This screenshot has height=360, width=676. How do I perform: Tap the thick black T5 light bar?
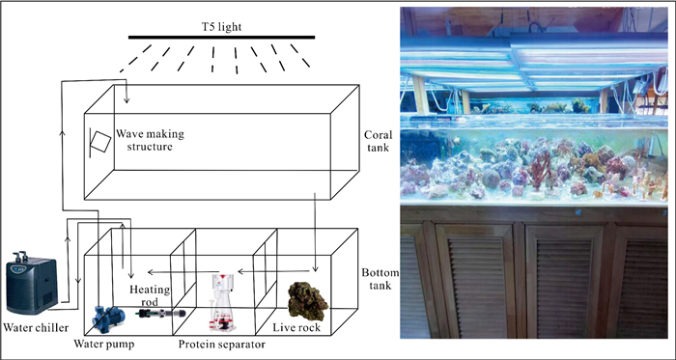click(221, 37)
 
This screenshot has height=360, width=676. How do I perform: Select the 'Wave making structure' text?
click(149, 140)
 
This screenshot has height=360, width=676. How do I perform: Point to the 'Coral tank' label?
click(379, 141)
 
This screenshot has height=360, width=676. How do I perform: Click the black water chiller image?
click(32, 283)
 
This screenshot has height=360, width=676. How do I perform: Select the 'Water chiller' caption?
click(37, 328)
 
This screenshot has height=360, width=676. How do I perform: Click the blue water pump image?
click(108, 316)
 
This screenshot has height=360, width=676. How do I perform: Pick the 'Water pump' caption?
click(104, 344)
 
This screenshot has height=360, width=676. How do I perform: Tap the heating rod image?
click(160, 314)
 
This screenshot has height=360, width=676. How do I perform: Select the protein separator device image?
click(223, 303)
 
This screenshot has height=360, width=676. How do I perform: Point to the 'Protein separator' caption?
click(221, 345)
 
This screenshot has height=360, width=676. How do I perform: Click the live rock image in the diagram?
click(308, 301)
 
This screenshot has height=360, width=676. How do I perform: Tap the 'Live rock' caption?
click(296, 328)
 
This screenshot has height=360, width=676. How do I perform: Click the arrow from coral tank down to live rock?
click(315, 233)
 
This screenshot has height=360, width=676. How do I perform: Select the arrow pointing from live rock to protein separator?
click(274, 272)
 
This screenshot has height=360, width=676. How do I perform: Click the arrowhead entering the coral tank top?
click(127, 99)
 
